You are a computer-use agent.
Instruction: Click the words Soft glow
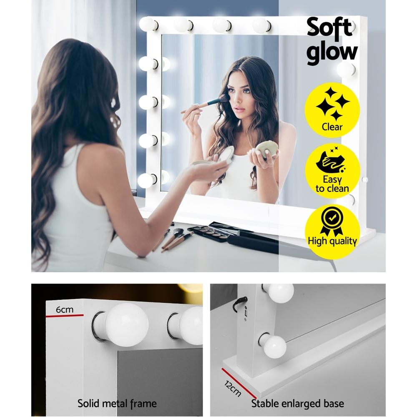click(332, 40)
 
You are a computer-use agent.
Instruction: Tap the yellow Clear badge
click(332, 110)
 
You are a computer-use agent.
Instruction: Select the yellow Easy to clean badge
click(332, 171)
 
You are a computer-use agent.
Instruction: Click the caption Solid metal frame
click(117, 403)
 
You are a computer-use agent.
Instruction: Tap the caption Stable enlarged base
click(297, 403)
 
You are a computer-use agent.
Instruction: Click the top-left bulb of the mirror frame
click(148, 24)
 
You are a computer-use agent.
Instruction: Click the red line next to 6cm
click(64, 315)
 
